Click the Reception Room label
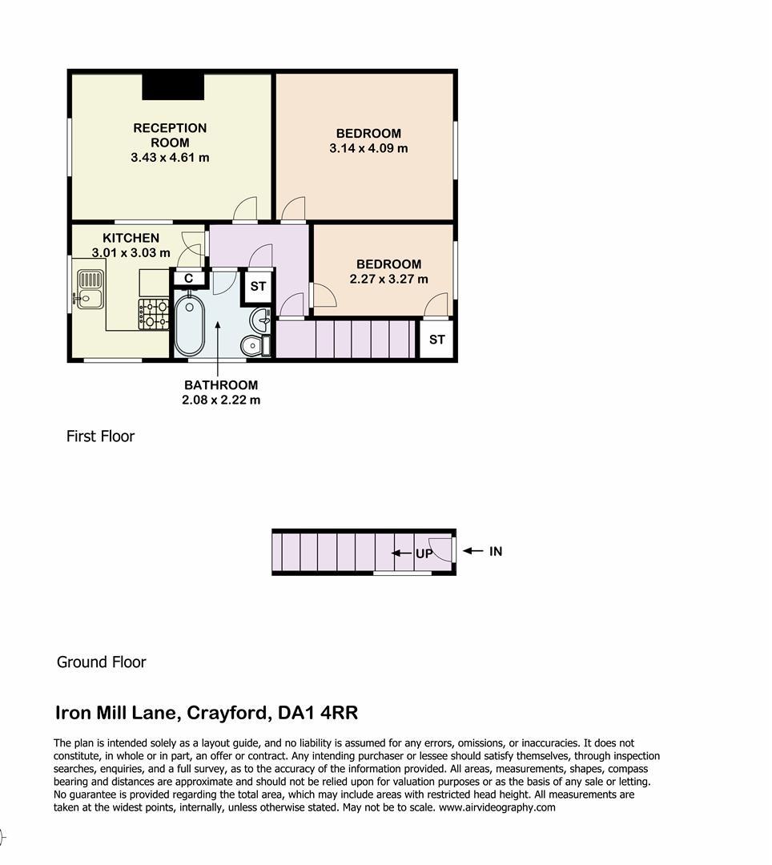[170, 135]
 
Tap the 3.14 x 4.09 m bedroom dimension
[368, 148]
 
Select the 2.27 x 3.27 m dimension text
[388, 280]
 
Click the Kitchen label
[131, 238]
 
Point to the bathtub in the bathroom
[190, 325]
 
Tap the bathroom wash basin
[260, 320]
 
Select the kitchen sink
[90, 288]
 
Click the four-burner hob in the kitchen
[153, 314]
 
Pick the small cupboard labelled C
[188, 277]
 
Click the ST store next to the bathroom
[258, 286]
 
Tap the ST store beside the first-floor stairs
[436, 340]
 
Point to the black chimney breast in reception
[173, 86]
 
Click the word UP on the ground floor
[424, 553]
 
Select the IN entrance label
[496, 551]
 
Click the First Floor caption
[100, 437]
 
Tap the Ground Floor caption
[102, 662]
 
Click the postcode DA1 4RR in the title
[318, 713]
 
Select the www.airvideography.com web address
[497, 807]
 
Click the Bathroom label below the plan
[221, 385]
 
